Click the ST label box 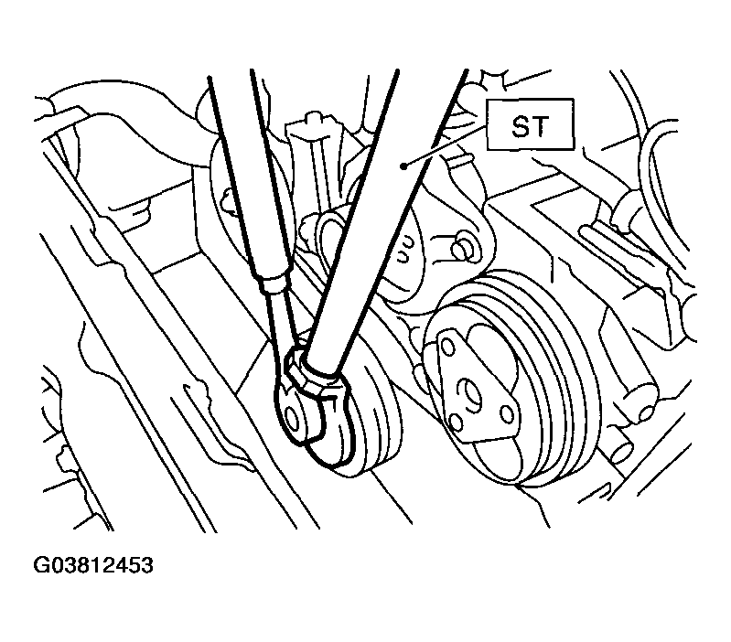pos(530,124)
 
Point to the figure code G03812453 pos(92,565)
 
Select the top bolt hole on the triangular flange pos(447,348)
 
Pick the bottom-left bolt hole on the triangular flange pos(457,422)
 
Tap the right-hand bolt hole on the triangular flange pos(506,412)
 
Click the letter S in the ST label pos(520,126)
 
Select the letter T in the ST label pos(541,126)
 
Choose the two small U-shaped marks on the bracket pos(404,250)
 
